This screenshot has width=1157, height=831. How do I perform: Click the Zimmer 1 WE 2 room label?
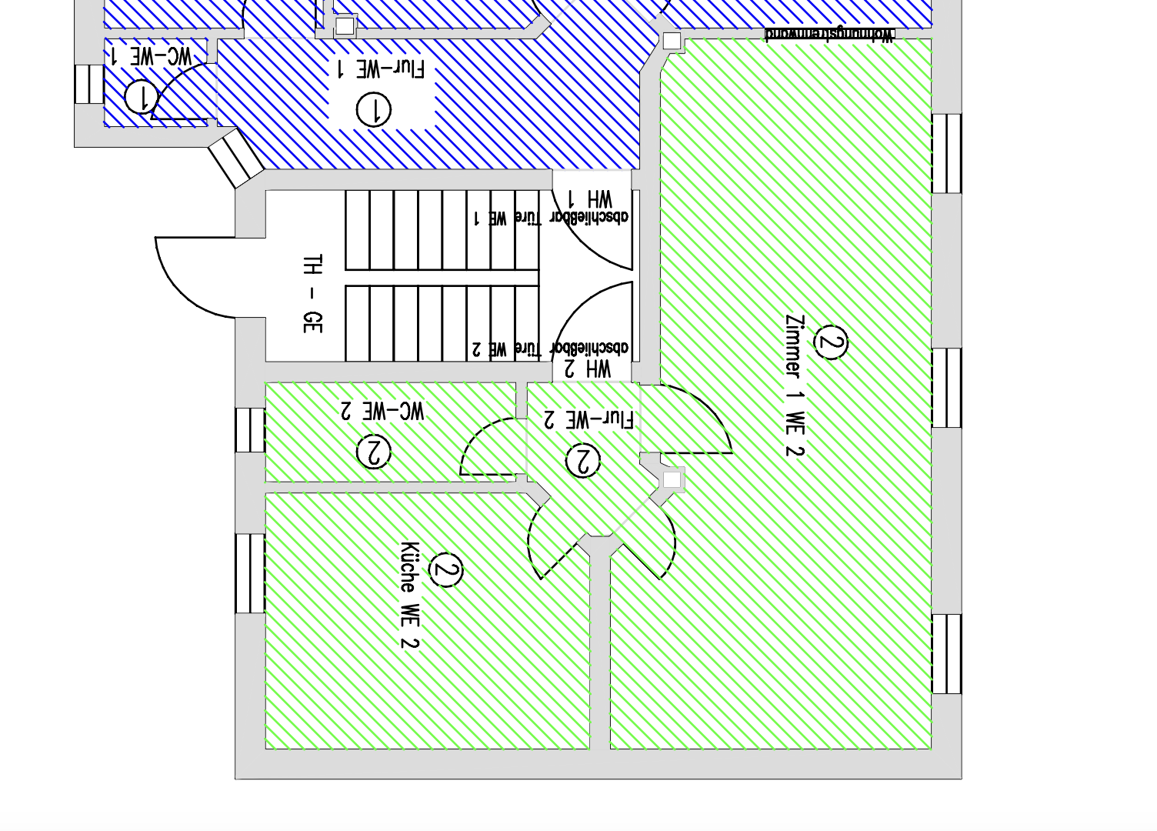(x=794, y=385)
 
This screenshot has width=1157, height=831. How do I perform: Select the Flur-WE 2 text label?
(x=589, y=419)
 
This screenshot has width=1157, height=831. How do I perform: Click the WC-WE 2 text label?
(x=382, y=410)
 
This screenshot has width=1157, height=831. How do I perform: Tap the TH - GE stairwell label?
(x=312, y=294)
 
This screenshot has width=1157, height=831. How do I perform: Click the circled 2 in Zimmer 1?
(x=830, y=342)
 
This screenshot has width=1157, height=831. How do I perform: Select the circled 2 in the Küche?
(x=445, y=570)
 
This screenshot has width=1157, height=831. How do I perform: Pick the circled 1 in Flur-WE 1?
(x=374, y=109)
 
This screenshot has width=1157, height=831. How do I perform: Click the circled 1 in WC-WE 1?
(x=141, y=97)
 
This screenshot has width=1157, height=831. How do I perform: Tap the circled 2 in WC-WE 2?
(x=374, y=452)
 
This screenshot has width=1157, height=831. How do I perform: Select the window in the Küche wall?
(x=250, y=573)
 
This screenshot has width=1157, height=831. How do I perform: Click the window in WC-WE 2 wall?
(x=250, y=430)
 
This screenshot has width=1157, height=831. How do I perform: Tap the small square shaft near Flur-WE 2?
(x=672, y=480)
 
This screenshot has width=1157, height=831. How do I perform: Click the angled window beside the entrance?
(x=235, y=159)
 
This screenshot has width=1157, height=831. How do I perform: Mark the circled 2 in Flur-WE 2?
(x=582, y=461)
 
